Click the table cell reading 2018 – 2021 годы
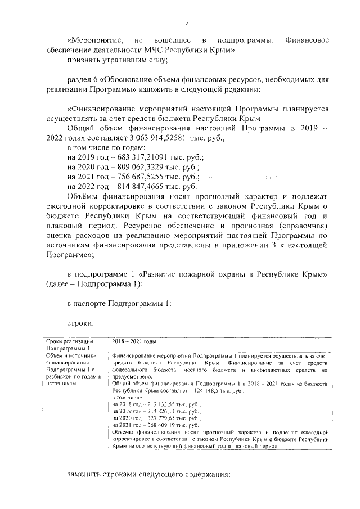134,341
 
